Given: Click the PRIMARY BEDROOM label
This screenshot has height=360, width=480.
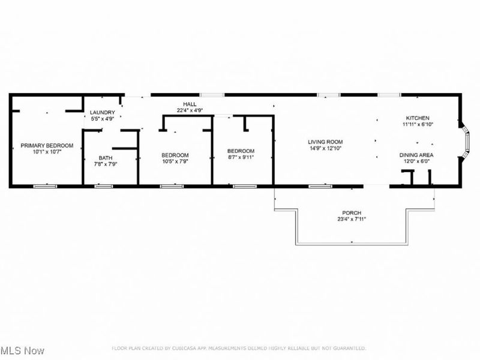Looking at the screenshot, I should tap(47, 146).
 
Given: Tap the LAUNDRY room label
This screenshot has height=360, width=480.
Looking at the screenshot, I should tap(103, 113).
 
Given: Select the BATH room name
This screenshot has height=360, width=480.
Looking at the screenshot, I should tap(106, 158).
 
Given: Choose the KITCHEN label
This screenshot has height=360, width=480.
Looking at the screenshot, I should tap(418, 118).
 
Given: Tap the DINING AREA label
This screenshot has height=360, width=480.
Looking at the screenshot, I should tap(417, 155).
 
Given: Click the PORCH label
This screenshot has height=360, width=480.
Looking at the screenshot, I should tap(352, 213).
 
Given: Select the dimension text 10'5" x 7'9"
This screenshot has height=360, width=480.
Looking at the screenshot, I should tap(175, 161).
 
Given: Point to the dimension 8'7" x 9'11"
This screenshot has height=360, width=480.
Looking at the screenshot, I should tap(241, 157).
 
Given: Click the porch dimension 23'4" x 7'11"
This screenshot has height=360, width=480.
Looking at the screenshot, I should tap(352, 220).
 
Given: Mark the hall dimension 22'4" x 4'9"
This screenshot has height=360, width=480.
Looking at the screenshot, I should tap(190, 110).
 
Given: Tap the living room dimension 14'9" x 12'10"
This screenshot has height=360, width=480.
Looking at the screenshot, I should tap(326, 148).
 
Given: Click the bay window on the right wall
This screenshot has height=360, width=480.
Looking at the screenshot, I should tap(466, 142).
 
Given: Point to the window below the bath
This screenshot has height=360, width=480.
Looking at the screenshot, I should tap(104, 187).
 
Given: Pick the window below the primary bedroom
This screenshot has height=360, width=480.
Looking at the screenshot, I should tap(44, 187).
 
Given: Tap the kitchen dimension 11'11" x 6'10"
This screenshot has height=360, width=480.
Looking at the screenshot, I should tap(418, 125).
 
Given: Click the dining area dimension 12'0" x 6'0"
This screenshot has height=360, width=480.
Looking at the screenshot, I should tap(417, 161).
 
